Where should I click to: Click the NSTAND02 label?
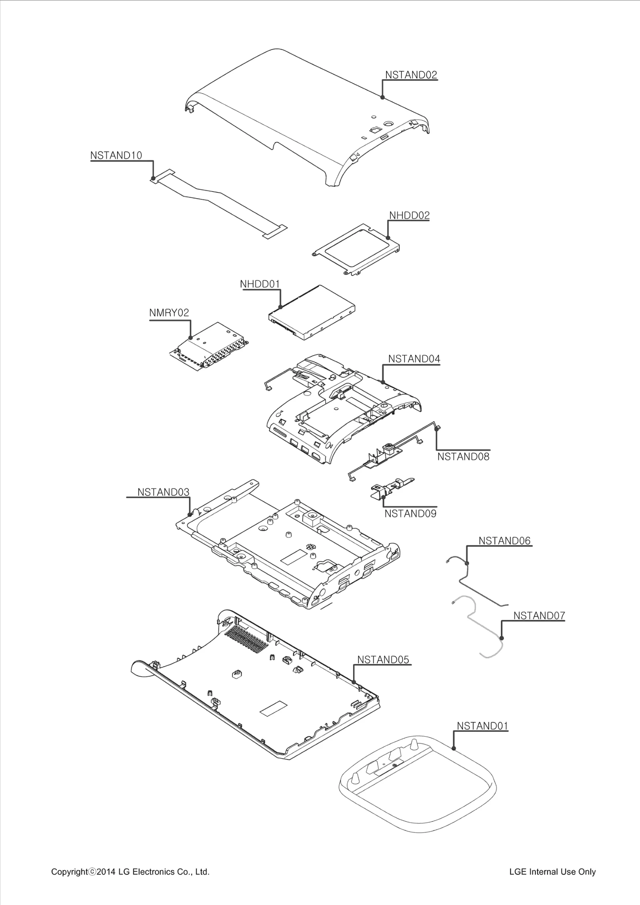coord(411,75)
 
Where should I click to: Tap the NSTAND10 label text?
coord(116,155)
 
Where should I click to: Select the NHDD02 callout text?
coord(409,215)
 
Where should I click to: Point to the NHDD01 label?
coord(260,284)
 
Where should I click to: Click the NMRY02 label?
coord(169,313)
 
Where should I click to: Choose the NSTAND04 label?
coord(414,359)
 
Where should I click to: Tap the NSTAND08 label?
coord(463,457)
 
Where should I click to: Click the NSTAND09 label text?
coord(410,514)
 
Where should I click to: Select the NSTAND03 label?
coord(163,492)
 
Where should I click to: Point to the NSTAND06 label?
coord(504,541)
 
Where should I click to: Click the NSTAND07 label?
coord(539,615)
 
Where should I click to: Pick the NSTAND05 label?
coord(383,659)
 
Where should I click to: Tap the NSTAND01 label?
coord(482,725)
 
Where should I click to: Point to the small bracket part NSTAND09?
coord(390,488)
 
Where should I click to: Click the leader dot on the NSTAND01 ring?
coord(454,748)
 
